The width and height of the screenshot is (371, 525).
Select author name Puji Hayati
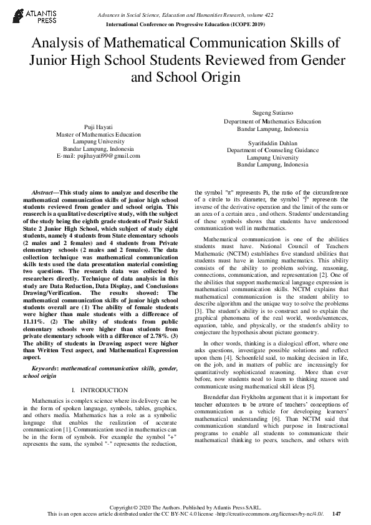click(x=98, y=127)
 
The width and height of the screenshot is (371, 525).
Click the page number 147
click(x=337, y=514)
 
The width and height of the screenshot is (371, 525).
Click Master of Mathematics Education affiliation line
click(x=98, y=134)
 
